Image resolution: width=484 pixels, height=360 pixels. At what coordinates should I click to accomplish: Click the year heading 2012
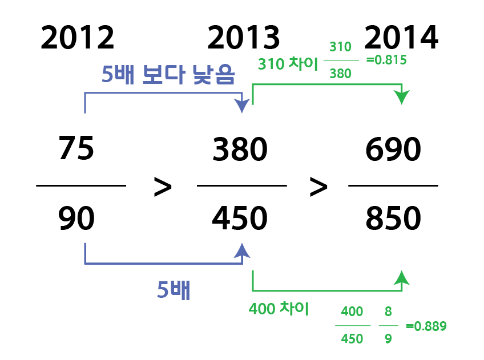tap(78, 38)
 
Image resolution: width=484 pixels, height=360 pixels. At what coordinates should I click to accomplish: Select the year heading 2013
tap(244, 38)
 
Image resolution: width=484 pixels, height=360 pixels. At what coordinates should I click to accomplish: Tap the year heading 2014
tap(401, 38)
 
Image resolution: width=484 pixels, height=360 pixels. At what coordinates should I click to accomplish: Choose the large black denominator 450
tap(240, 219)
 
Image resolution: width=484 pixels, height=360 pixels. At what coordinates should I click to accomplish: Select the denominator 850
tap(393, 219)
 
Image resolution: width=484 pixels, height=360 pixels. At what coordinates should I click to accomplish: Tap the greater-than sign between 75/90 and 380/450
tap(163, 188)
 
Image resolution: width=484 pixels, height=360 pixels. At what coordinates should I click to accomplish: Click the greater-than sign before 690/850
tap(318, 188)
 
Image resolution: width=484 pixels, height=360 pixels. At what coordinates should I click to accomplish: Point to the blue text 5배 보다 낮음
tap(168, 75)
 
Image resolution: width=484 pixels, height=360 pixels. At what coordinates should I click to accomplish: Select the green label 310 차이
tap(288, 64)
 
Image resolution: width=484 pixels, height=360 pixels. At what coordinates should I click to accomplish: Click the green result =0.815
tap(386, 59)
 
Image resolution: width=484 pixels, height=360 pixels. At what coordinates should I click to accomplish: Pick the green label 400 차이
tap(279, 309)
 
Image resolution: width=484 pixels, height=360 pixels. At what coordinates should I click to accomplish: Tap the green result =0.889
tap(426, 326)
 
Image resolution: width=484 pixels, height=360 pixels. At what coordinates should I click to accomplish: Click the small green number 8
tap(388, 312)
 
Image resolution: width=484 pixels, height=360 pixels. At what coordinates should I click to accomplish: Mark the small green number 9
tap(388, 338)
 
